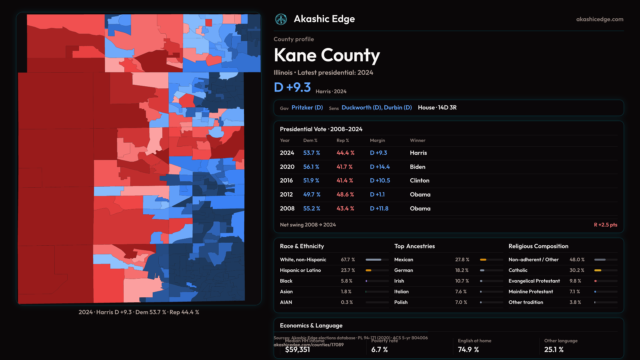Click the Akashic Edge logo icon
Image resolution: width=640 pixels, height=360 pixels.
(x=281, y=19)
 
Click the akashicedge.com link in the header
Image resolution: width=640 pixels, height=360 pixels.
(x=600, y=19)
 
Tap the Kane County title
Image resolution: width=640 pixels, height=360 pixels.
(x=327, y=55)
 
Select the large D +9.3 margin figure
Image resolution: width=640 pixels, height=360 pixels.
(x=292, y=87)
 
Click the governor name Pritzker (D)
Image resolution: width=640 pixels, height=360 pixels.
(x=307, y=108)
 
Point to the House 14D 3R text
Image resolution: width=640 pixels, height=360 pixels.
(x=437, y=108)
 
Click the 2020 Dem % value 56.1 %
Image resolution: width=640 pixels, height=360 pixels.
(x=311, y=167)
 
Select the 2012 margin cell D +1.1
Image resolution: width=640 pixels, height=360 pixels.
(x=377, y=194)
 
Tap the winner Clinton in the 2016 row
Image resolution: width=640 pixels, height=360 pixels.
(x=419, y=180)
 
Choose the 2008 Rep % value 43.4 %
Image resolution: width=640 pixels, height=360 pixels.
(x=345, y=208)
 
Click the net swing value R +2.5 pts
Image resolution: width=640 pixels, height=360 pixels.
(x=605, y=225)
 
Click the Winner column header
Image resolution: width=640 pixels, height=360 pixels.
(x=417, y=140)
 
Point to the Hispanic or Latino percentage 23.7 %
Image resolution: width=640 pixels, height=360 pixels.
(x=348, y=270)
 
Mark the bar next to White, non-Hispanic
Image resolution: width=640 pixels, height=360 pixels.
(x=377, y=260)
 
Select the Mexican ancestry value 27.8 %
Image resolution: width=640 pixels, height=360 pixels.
(x=462, y=260)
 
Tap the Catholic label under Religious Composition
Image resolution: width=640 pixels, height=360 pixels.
(x=518, y=270)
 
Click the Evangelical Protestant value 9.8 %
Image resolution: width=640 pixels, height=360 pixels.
(x=575, y=281)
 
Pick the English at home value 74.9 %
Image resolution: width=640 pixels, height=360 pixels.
(x=468, y=349)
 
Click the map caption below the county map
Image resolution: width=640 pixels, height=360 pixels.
(x=139, y=312)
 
